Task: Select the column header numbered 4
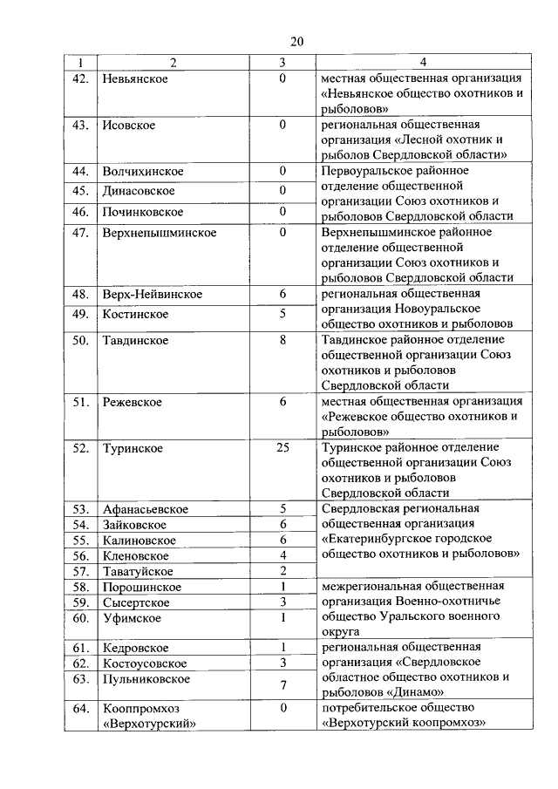(x=422, y=62)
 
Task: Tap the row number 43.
(x=82, y=125)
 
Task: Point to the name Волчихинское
(x=142, y=170)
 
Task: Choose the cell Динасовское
(x=138, y=191)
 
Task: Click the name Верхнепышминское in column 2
(x=159, y=233)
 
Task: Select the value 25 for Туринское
(x=282, y=448)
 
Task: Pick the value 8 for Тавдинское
(x=282, y=340)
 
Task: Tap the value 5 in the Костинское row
(x=282, y=314)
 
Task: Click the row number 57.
(x=82, y=571)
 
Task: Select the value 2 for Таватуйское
(x=282, y=571)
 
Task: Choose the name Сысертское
(x=134, y=602)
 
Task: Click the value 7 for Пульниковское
(x=282, y=685)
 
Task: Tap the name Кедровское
(x=135, y=648)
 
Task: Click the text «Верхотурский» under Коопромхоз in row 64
(x=148, y=723)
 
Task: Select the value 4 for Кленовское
(x=282, y=554)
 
